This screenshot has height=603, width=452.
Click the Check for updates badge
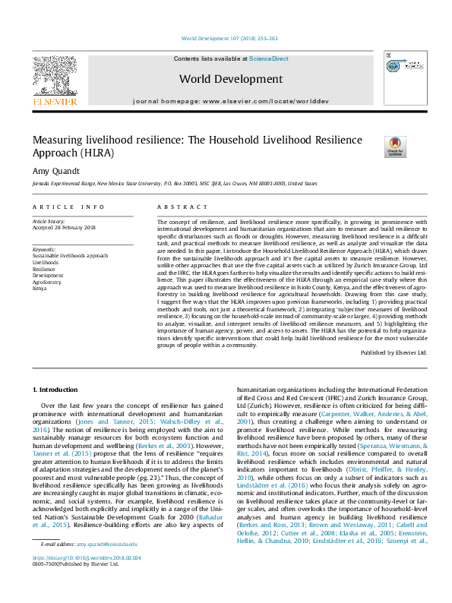click(x=396, y=147)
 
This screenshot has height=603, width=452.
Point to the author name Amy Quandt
click(x=55, y=172)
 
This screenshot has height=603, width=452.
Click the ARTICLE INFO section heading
click(x=68, y=207)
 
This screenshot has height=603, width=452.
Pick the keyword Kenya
click(x=40, y=289)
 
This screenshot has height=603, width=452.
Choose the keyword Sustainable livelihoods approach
click(x=70, y=256)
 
